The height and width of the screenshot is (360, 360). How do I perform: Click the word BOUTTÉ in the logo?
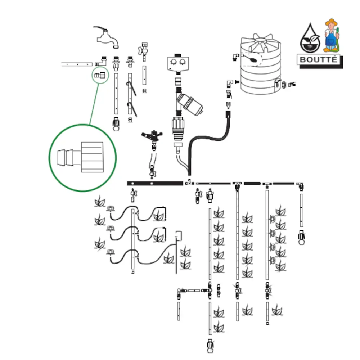[319, 59]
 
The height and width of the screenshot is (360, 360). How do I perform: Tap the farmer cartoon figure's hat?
[332, 23]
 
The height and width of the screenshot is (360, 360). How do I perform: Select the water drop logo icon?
[310, 39]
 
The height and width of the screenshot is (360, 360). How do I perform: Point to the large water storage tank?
[260, 67]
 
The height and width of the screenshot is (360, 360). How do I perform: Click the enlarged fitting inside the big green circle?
[82, 157]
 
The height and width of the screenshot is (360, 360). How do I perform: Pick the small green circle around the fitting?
[100, 75]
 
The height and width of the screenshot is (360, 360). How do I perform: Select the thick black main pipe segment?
[155, 183]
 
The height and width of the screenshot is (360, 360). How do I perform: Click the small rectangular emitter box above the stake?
[179, 235]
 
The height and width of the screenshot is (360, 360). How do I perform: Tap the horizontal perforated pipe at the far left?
[77, 64]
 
